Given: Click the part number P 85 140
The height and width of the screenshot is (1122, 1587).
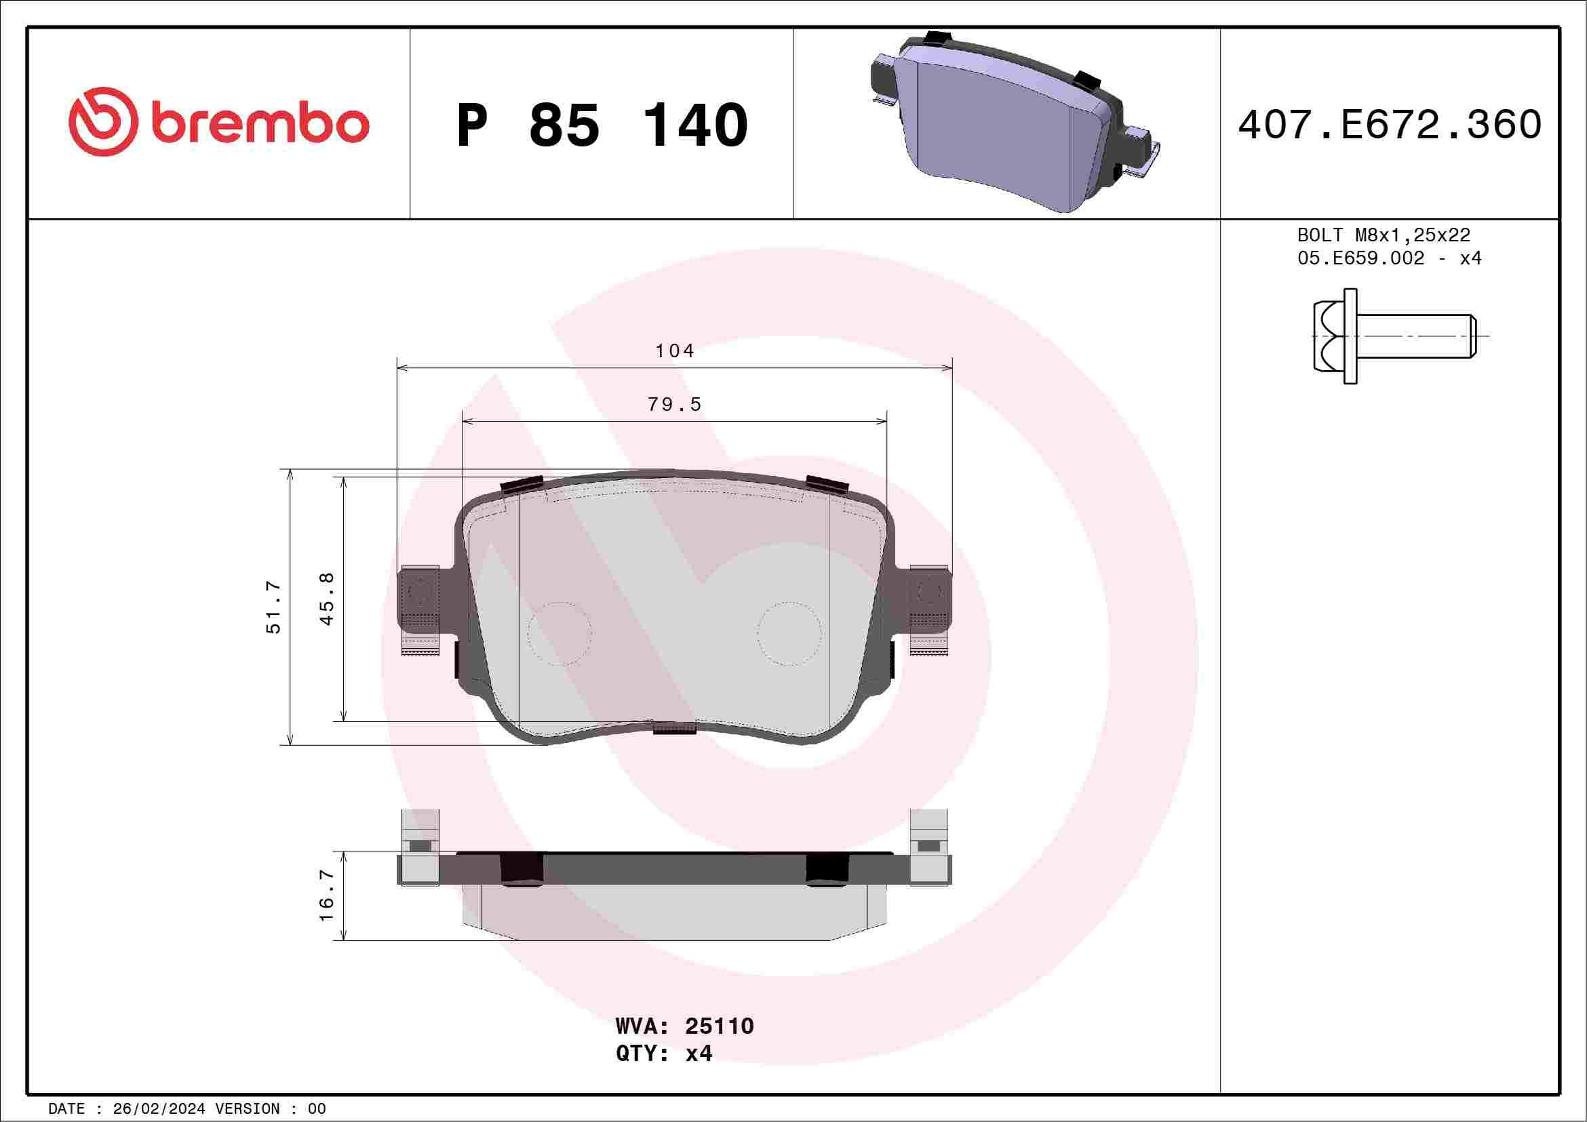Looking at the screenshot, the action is coord(602,125).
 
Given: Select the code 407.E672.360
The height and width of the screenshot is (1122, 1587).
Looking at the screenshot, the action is coord(1390,125).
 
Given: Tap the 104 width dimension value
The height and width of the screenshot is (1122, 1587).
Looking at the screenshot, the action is coord(675,351).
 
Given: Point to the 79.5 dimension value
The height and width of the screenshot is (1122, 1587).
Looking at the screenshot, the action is coord(675,404).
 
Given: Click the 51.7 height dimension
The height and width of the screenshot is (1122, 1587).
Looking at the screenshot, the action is coord(274,607).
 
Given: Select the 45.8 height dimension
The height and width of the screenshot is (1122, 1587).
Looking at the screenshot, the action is coord(327,599).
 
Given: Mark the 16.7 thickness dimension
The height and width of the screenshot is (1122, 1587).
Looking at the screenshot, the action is coord(326,896).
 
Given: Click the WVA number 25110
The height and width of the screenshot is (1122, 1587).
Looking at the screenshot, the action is coord(719,1026).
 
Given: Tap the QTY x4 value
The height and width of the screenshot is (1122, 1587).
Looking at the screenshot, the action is coord(699,1054).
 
